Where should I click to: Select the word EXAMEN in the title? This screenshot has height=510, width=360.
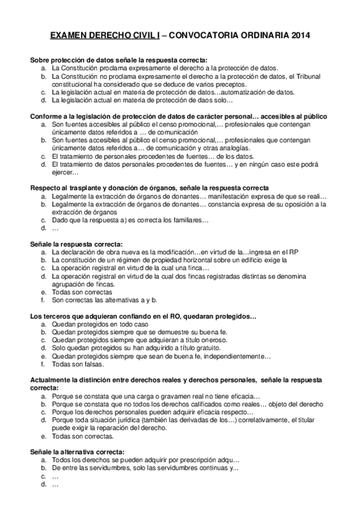(x=69, y=36)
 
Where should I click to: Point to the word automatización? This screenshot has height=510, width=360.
(x=247, y=93)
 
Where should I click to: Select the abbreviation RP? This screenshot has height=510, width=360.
(x=294, y=251)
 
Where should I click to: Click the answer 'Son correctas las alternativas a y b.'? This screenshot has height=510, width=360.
(x=105, y=300)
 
